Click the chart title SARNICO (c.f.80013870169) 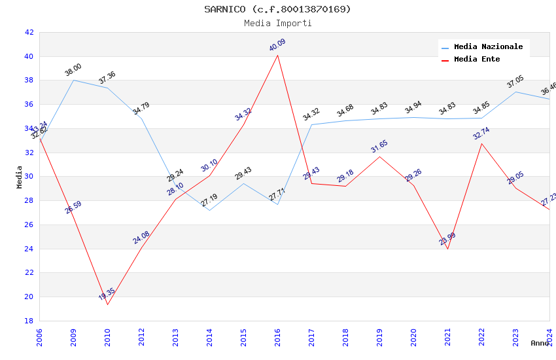[277, 9]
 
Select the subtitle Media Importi [277, 24]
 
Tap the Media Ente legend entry [477, 60]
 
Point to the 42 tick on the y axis [29, 32]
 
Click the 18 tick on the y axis [29, 321]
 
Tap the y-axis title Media [20, 177]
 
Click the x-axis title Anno [540, 343]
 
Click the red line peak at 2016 [277, 55]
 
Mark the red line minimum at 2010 [107, 304]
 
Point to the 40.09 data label [277, 45]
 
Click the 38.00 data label [73, 70]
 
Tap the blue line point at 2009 [73, 80]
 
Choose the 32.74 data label [481, 134]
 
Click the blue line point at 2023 [515, 92]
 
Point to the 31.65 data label [379, 146]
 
